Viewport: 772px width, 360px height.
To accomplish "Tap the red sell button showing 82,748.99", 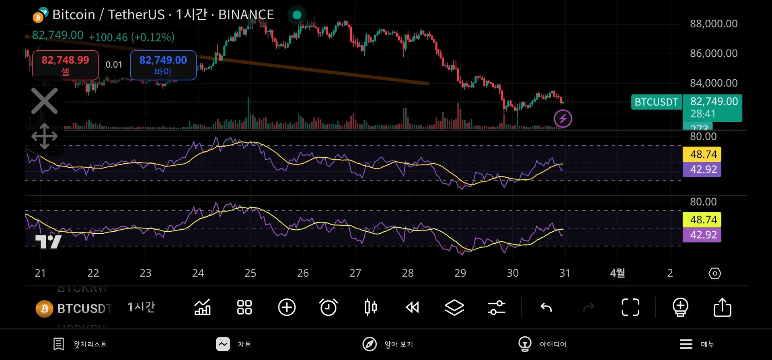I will pyautogui.click(x=66, y=65).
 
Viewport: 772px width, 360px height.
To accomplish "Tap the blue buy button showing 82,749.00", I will pyautogui.click(x=163, y=65).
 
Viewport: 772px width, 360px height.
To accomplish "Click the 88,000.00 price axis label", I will pyautogui.click(x=714, y=24).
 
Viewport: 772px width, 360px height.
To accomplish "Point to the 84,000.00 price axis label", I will pyautogui.click(x=714, y=83).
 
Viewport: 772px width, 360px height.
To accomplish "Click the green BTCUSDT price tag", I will pyautogui.click(x=656, y=102).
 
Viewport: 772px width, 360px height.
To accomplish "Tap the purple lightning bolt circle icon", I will pyautogui.click(x=563, y=119).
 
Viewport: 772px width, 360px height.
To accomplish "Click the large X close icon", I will pyautogui.click(x=45, y=101).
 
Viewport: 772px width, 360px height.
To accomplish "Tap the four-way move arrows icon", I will pyautogui.click(x=45, y=136).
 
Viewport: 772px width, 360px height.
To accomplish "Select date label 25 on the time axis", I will pyautogui.click(x=250, y=273).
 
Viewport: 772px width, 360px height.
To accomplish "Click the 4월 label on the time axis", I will pyautogui.click(x=617, y=273).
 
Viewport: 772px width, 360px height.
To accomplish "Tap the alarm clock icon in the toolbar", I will pyautogui.click(x=329, y=308).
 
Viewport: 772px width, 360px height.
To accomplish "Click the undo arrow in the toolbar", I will pyautogui.click(x=546, y=308).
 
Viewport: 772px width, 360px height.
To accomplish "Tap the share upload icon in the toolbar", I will pyautogui.click(x=722, y=308).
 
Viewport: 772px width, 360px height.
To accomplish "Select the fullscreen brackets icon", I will pyautogui.click(x=630, y=308).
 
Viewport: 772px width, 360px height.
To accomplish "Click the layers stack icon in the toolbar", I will pyautogui.click(x=454, y=308).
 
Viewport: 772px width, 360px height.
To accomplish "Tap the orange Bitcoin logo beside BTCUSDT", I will pyautogui.click(x=45, y=309).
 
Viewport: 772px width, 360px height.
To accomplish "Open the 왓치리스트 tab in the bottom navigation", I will pyautogui.click(x=80, y=344).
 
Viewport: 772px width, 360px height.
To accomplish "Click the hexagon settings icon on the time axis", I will pyautogui.click(x=715, y=274).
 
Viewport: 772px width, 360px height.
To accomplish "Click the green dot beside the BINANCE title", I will pyautogui.click(x=297, y=15).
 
